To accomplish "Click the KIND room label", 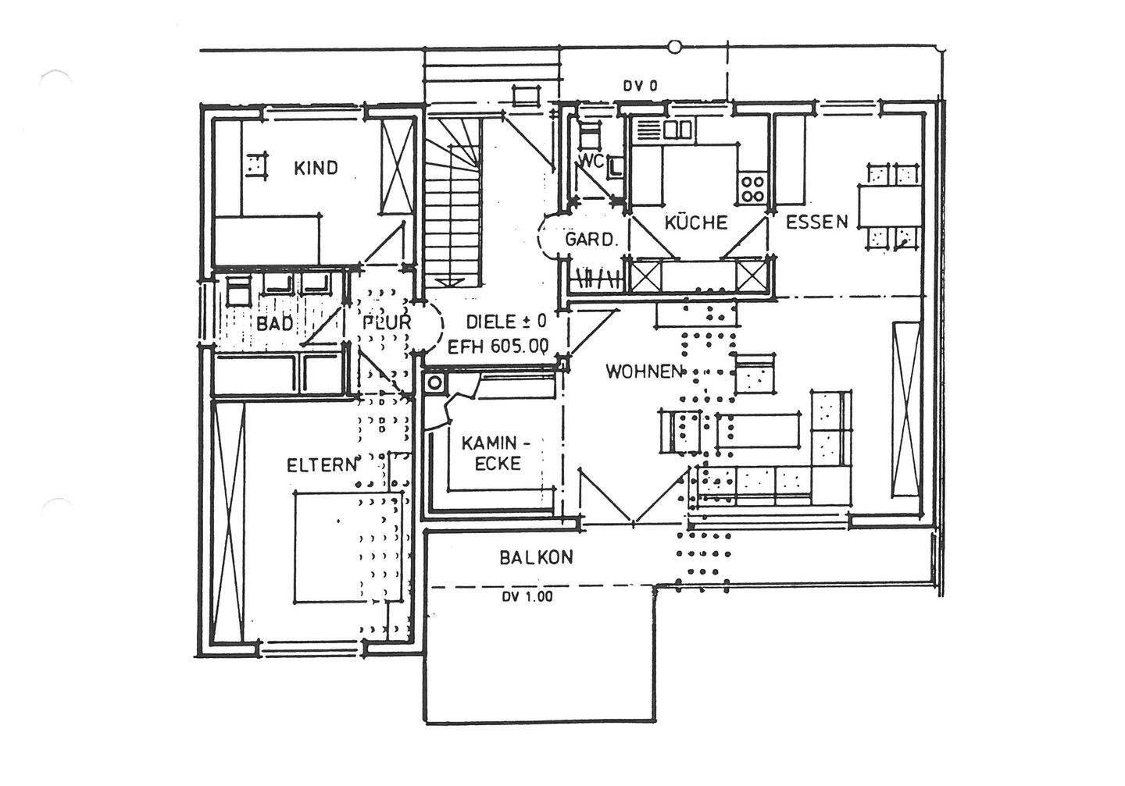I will tap(316, 168).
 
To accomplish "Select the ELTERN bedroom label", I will tap(321, 465).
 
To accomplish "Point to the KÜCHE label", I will tap(695, 222).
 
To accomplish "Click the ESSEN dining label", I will tap(816, 221).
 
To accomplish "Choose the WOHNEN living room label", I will tap(645, 372).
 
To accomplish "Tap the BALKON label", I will tap(536, 557).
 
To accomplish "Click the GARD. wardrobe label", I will tap(591, 240).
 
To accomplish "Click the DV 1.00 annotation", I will tap(527, 598).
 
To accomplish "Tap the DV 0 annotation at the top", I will tap(640, 87).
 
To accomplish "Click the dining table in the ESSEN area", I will tap(891, 205).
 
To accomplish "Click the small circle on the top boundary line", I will tap(675, 47).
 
